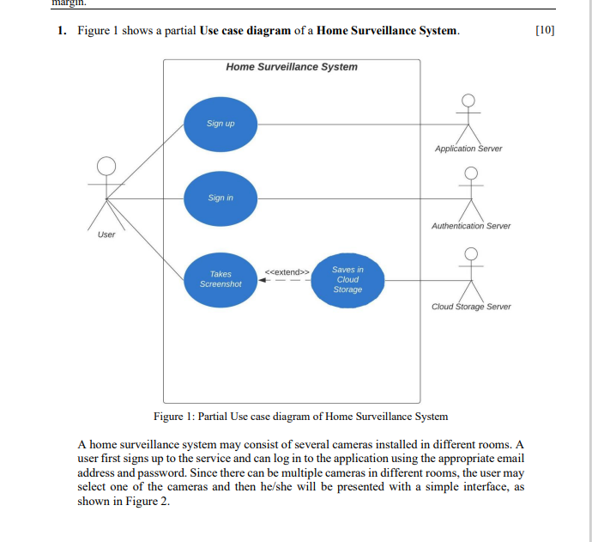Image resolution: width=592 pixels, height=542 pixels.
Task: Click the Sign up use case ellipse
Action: (220, 123)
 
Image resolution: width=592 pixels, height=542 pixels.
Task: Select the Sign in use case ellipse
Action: (220, 198)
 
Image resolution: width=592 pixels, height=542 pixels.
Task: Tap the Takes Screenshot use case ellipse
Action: (220, 278)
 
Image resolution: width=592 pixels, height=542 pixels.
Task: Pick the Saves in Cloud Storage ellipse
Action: (347, 278)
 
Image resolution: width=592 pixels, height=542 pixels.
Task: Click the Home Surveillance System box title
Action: (292, 67)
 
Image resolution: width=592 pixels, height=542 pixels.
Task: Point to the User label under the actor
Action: (106, 234)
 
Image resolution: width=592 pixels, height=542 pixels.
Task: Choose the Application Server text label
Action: (468, 149)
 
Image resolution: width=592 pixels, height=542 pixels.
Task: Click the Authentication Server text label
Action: (470, 226)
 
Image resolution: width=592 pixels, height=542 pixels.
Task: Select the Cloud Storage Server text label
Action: (471, 307)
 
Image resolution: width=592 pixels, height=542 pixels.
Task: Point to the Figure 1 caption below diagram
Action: (300, 417)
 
